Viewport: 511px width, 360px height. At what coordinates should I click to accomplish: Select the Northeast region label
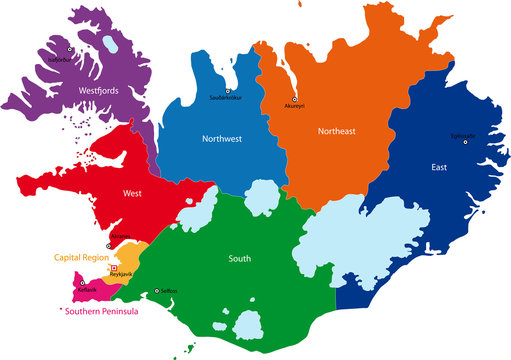click(x=337, y=131)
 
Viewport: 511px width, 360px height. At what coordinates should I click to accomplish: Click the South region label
click(x=240, y=259)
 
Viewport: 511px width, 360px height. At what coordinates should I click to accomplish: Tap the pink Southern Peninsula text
click(x=101, y=311)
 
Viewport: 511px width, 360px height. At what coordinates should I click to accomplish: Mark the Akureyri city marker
click(x=295, y=99)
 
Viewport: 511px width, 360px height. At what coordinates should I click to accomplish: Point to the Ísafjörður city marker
click(x=70, y=49)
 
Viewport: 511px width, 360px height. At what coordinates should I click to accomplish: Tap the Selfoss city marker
click(x=157, y=291)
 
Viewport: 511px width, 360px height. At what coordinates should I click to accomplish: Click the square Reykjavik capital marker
click(x=113, y=268)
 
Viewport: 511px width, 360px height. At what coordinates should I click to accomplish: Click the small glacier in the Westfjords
click(x=106, y=45)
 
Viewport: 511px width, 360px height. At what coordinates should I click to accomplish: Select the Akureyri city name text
click(x=295, y=106)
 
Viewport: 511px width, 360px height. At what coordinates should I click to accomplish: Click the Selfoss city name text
click(x=169, y=291)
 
